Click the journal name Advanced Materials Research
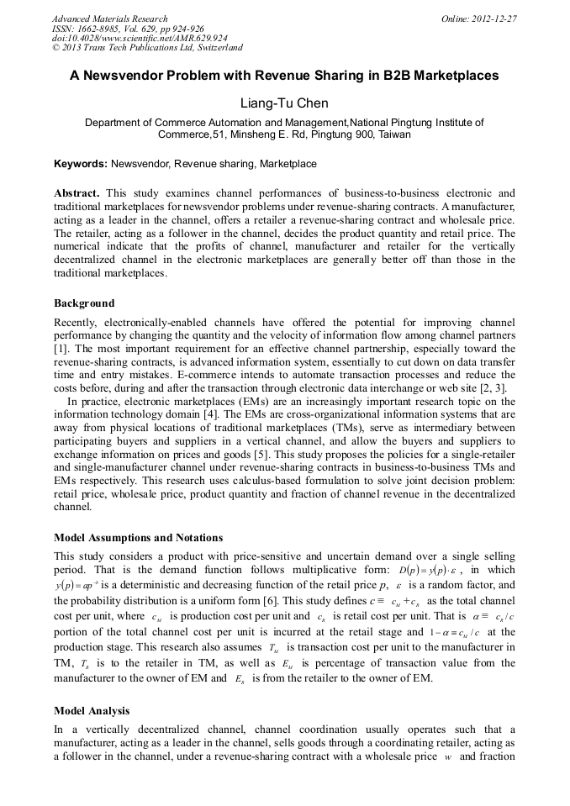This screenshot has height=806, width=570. click(x=109, y=18)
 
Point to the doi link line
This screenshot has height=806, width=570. click(x=140, y=38)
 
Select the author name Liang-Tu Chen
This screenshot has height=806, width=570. click(x=284, y=103)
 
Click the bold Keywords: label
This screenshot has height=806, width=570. click(x=81, y=164)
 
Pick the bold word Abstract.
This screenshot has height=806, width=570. click(x=77, y=192)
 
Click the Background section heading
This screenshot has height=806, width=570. click(x=84, y=303)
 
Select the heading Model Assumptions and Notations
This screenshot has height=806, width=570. click(x=138, y=537)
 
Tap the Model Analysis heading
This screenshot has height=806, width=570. click(x=92, y=711)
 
